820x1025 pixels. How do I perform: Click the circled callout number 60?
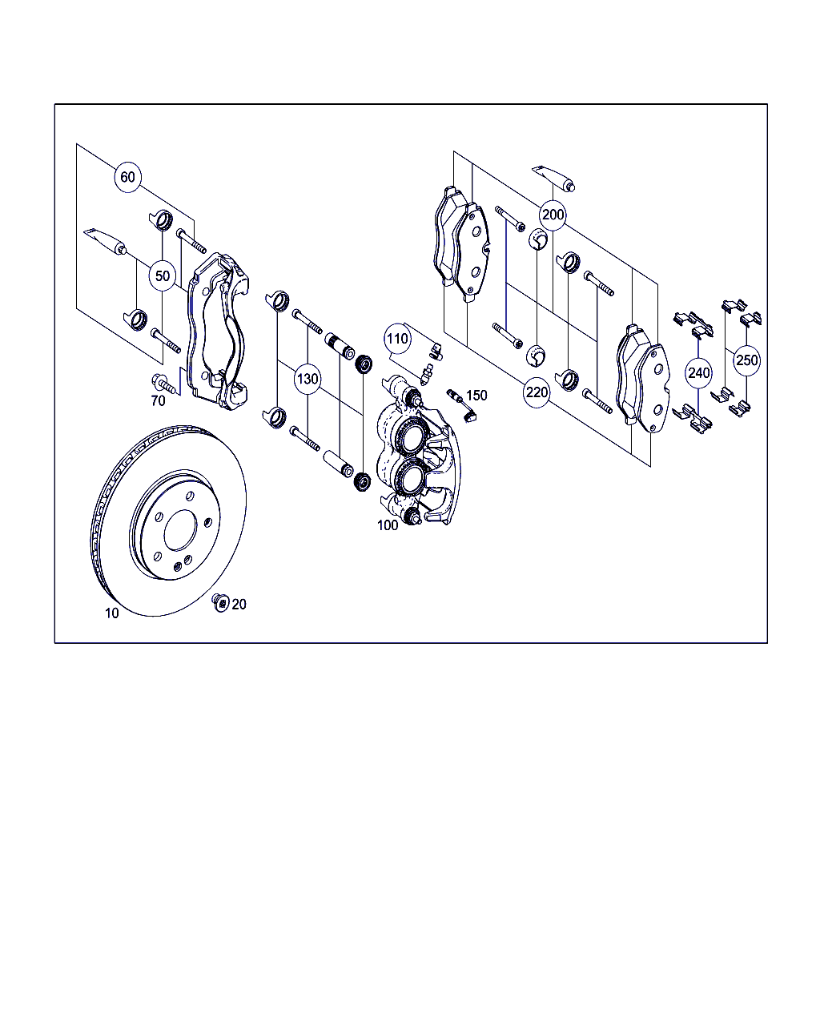[127, 177]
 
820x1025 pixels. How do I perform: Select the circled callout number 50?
[163, 275]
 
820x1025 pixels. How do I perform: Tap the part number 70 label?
[159, 401]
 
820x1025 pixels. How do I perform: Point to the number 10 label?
[112, 613]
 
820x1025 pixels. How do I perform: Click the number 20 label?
[239, 605]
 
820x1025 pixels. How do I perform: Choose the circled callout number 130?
[307, 379]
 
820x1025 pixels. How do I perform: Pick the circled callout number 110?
[397, 339]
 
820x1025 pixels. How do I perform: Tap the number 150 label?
[476, 396]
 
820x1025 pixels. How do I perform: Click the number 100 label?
[388, 525]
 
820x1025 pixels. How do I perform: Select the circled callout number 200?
[553, 215]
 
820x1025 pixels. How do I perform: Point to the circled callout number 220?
[537, 392]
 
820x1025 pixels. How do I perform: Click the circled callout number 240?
[699, 373]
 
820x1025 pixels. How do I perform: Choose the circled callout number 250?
[746, 360]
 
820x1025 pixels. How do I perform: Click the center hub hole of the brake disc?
[181, 532]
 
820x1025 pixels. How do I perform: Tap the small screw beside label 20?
[220, 603]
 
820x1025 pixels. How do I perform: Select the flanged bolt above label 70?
[164, 384]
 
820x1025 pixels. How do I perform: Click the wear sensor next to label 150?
[462, 405]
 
